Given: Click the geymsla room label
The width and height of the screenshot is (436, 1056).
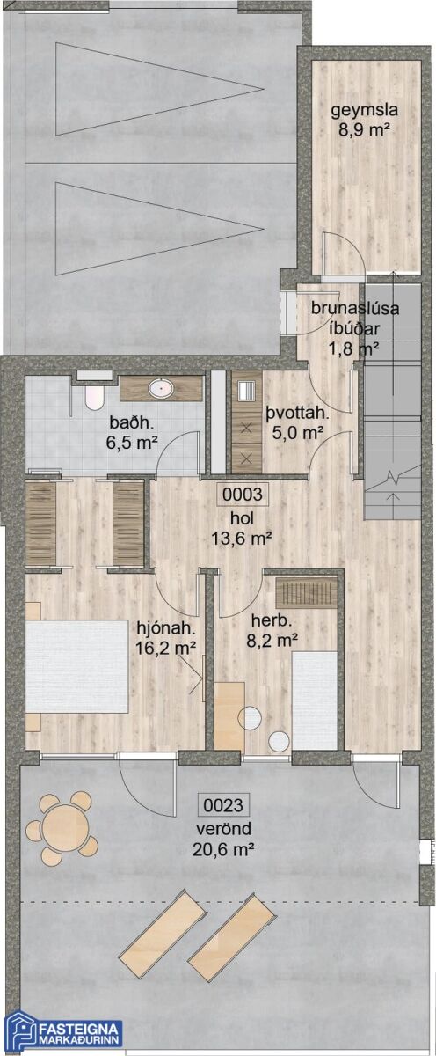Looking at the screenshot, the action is coord(365,110).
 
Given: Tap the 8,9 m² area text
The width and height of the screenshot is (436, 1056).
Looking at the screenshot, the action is coord(366,129).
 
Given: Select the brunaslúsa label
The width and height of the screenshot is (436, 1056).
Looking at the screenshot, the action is coord(355,309).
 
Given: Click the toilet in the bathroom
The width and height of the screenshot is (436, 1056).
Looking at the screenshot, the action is coord(94,398).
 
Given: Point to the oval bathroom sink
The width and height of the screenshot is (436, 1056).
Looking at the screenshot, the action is coord(161,389).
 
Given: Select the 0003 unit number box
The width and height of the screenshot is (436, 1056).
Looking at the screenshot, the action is coord(242,495).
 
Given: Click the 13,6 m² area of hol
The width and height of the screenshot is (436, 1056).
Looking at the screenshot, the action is coord(242,538).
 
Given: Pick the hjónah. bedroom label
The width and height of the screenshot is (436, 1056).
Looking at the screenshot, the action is coord(166,628).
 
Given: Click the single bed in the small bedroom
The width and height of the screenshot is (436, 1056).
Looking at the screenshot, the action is coord(314,700).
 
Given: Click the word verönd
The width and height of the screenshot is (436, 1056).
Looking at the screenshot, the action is coord(223,828).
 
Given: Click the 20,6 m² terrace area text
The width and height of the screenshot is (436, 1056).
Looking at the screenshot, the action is coord(223,849).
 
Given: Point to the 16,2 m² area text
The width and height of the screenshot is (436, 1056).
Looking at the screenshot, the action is coord(166,649).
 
